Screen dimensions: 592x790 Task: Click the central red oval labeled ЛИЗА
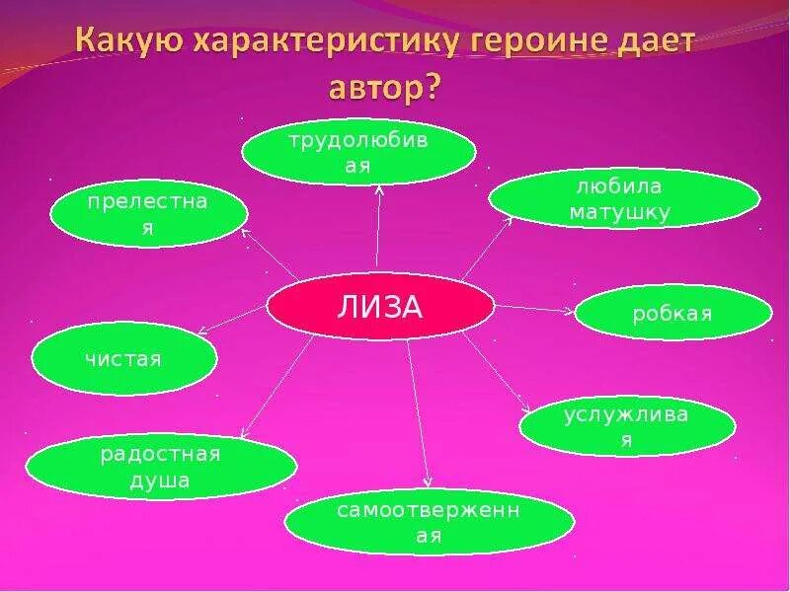click(380, 308)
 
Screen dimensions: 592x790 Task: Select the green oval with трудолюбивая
click(358, 153)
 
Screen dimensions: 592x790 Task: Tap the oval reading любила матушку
click(624, 198)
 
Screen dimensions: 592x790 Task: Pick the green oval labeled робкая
click(672, 314)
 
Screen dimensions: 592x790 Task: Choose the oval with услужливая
click(627, 426)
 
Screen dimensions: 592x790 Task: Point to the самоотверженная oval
click(429, 523)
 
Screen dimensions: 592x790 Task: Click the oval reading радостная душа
click(160, 468)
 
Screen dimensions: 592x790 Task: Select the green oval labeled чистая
click(124, 359)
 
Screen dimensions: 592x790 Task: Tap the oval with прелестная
click(148, 214)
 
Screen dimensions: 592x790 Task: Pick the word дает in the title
click(660, 44)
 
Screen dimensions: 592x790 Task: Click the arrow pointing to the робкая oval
click(533, 309)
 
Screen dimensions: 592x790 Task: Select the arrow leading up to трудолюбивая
click(378, 227)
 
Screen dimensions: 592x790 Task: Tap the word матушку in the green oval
click(624, 211)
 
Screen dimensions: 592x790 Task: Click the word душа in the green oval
click(160, 481)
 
